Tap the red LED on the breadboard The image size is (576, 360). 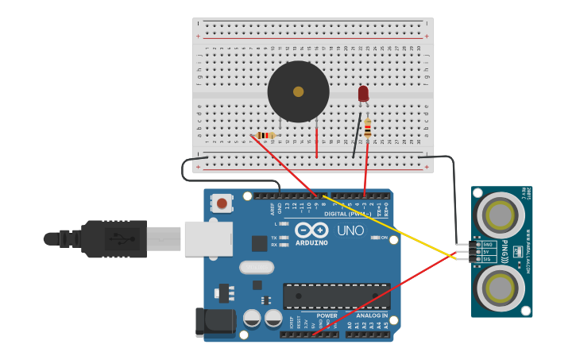tap(363, 94)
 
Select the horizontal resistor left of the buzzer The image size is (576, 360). tap(267, 135)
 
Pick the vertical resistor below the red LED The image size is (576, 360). tap(368, 128)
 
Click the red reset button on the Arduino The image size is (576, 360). tap(222, 204)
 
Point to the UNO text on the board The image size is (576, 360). tap(350, 231)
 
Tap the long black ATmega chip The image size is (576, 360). tap(336, 296)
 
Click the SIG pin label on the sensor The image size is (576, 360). tap(489, 259)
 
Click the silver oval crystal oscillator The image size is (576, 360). tap(256, 267)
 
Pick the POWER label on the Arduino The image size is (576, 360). tap(327, 315)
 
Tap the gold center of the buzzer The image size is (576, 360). tap(298, 91)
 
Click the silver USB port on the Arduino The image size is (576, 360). tap(208, 238)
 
